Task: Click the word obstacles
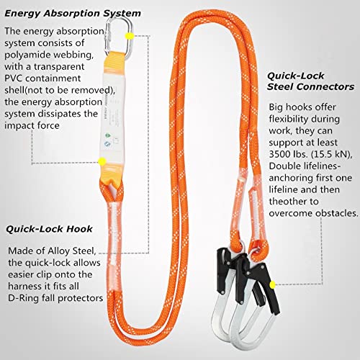(x=333, y=214)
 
